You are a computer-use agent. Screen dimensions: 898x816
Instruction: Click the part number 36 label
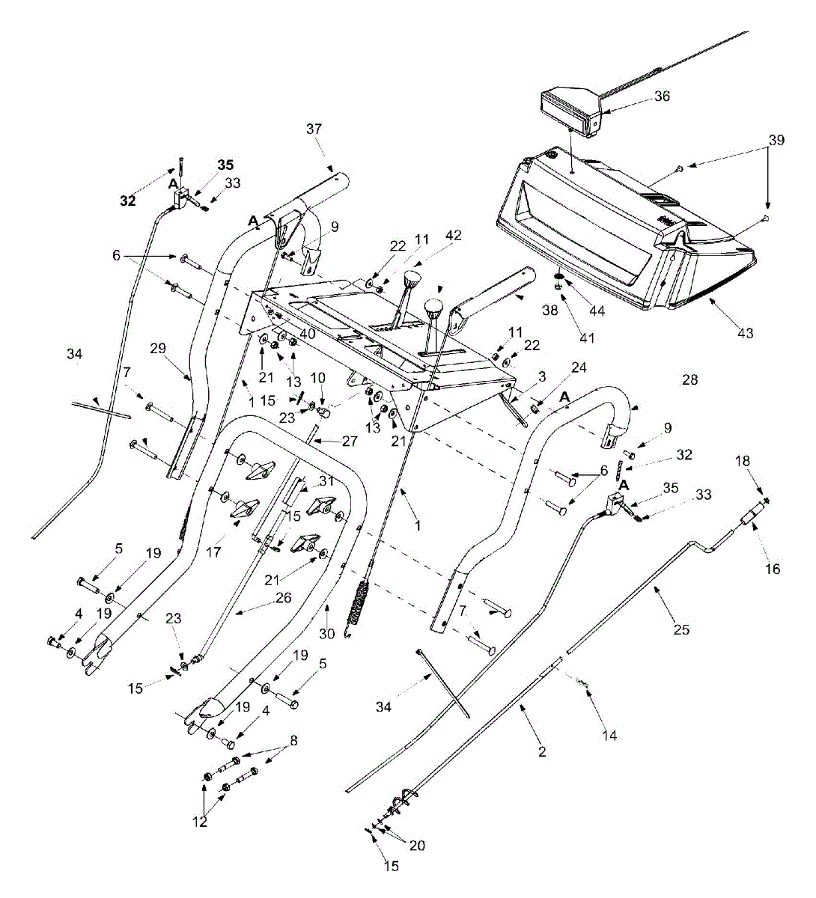click(662, 97)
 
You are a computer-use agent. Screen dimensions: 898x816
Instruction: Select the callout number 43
click(746, 332)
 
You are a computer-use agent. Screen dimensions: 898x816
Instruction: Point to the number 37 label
click(314, 129)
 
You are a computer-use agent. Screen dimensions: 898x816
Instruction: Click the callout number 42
click(454, 236)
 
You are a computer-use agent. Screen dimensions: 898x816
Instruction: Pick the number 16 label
click(773, 569)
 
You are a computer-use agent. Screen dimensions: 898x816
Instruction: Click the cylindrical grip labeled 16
click(752, 517)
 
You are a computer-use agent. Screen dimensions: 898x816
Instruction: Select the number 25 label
click(681, 629)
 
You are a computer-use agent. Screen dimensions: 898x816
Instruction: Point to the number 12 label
click(199, 822)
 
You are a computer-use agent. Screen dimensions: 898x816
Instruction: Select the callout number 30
click(326, 633)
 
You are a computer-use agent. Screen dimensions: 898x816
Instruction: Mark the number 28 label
click(689, 380)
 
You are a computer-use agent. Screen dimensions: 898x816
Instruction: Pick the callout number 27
click(349, 441)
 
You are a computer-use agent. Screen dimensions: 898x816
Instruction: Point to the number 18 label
click(742, 462)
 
